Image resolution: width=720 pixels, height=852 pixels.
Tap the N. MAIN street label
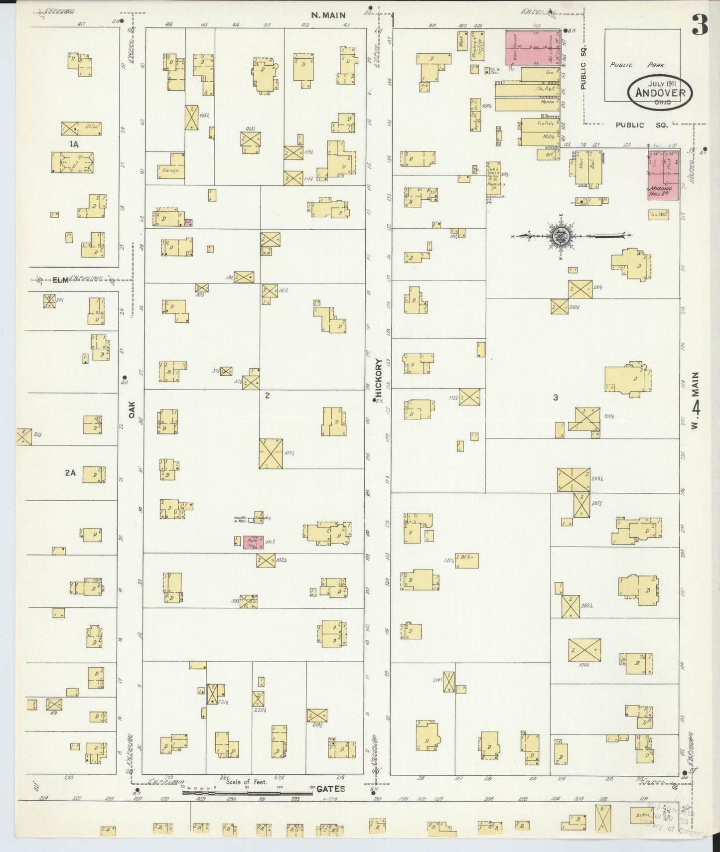pos(328,15)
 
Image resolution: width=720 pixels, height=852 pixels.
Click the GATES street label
pos(330,789)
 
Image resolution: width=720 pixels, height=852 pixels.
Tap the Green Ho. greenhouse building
pos(72,162)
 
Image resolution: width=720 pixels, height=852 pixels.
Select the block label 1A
pos(74,144)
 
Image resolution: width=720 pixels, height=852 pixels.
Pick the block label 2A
pos(70,473)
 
